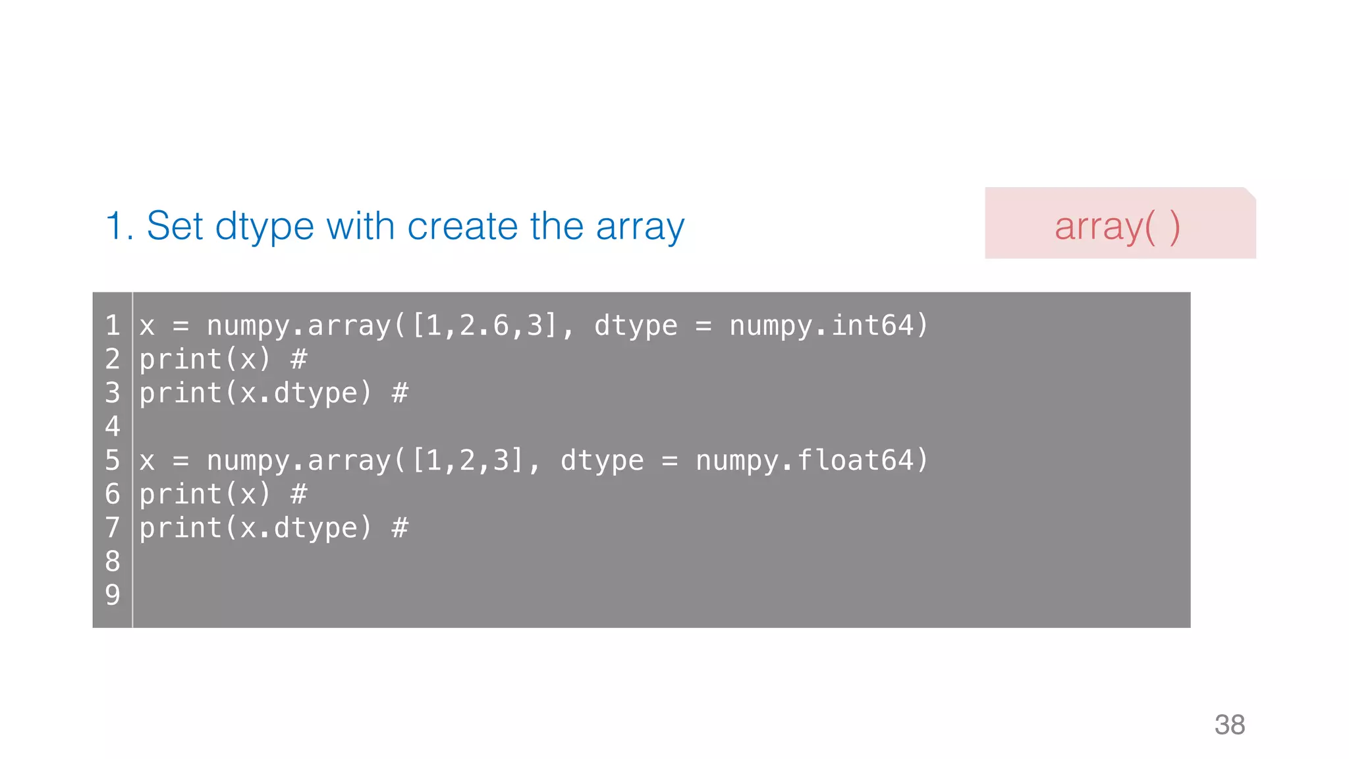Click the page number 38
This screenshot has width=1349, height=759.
[1229, 725]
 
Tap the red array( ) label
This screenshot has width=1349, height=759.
[1117, 226]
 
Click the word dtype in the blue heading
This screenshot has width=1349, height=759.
[265, 227]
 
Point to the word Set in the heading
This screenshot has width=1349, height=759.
[175, 226]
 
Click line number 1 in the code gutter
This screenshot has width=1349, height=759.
[113, 325]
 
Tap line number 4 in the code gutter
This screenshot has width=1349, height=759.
[113, 426]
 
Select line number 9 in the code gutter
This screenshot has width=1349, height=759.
[113, 594]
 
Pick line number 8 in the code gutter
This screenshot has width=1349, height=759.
[113, 561]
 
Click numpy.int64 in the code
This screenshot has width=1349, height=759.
[821, 325]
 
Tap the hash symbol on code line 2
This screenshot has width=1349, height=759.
[298, 359]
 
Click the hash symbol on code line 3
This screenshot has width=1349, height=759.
[400, 393]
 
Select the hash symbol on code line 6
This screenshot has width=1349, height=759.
[298, 493]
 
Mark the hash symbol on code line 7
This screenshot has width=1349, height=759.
[400, 527]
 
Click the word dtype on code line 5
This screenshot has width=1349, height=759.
[602, 460]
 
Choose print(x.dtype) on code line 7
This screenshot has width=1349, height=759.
[256, 527]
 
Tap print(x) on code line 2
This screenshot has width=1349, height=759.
[205, 359]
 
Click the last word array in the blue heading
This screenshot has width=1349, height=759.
[640, 227]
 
